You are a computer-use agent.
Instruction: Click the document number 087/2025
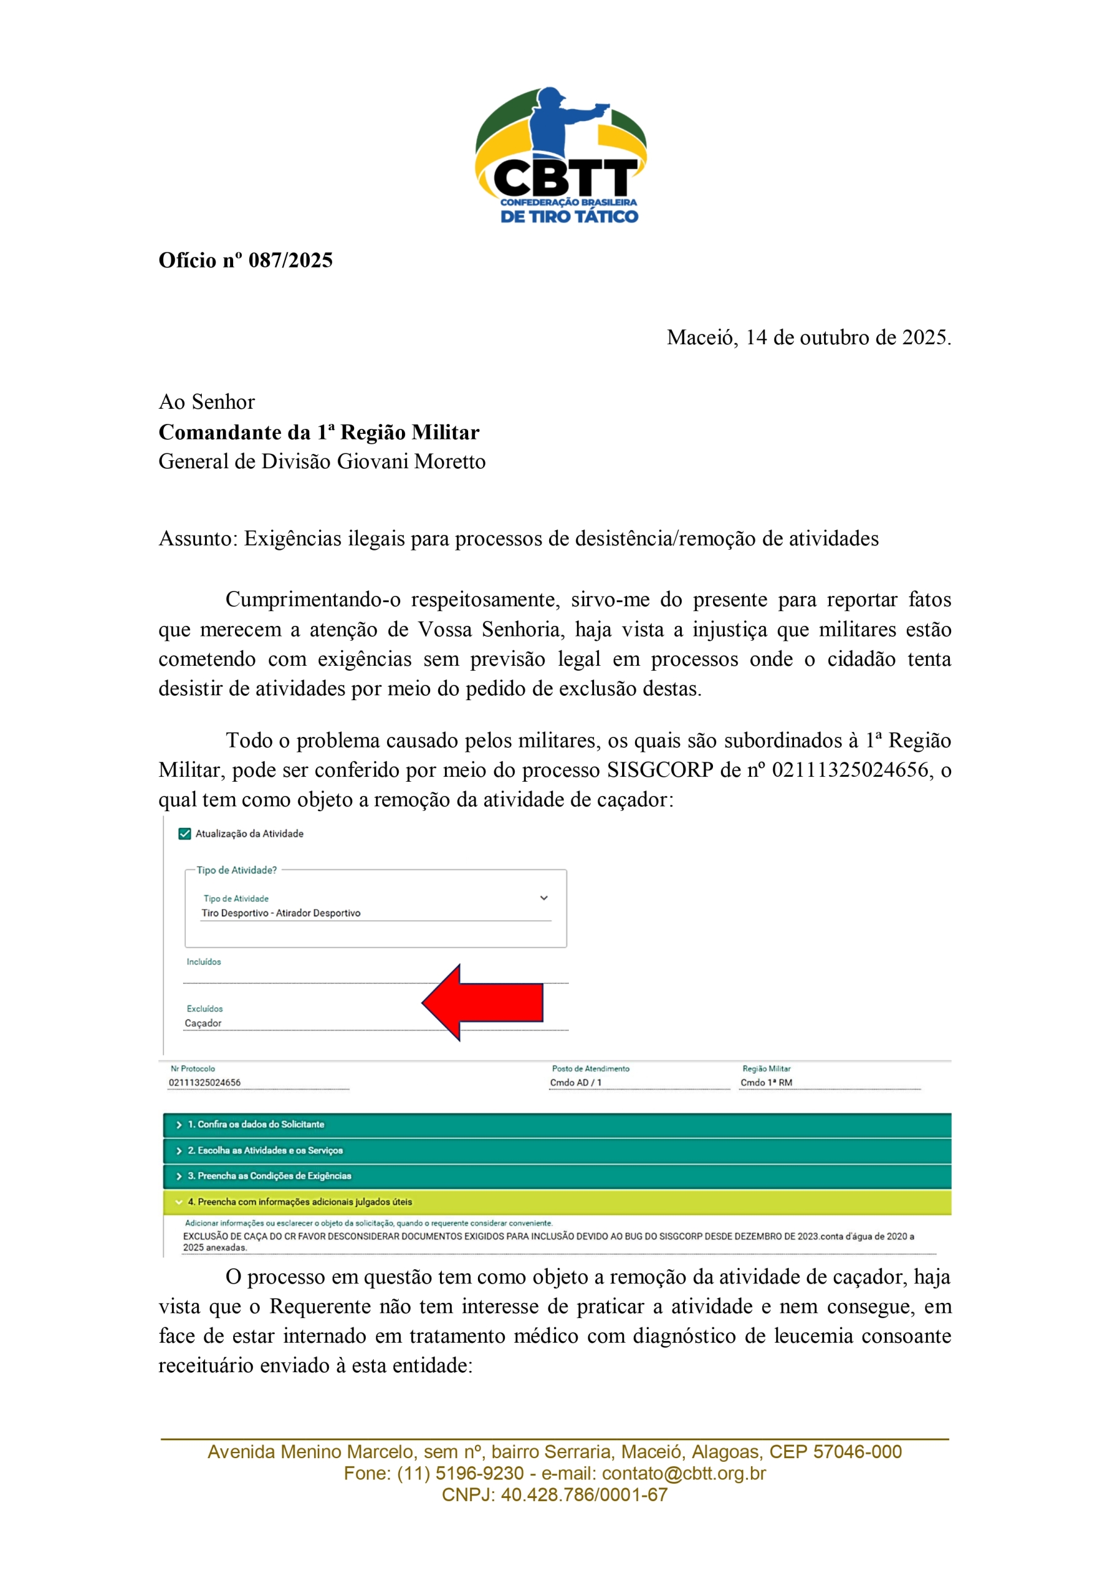290,261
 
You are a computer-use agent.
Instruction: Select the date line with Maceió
808,338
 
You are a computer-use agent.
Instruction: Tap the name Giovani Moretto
410,462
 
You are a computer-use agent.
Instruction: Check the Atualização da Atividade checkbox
184,833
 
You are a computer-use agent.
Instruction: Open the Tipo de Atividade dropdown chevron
544,898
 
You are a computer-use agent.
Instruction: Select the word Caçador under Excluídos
203,1023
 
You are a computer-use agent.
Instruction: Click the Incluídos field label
204,962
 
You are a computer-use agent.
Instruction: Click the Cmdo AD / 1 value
576,1083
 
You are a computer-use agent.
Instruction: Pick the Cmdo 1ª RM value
766,1083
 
